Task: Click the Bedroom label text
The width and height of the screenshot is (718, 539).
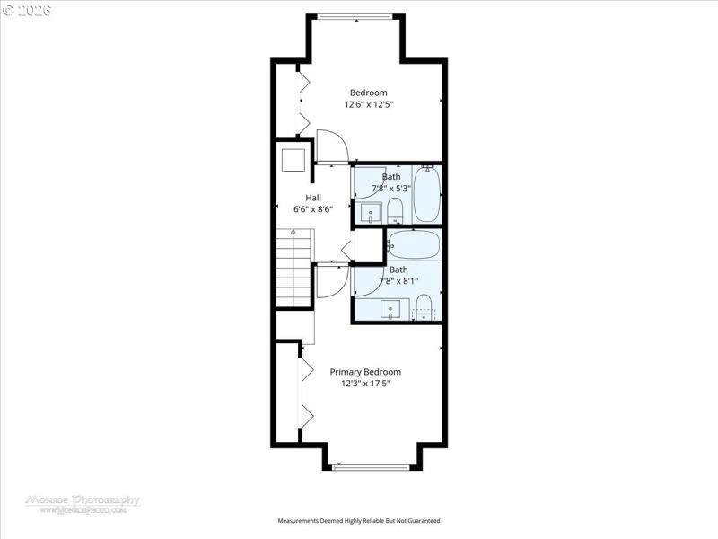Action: coord(368,93)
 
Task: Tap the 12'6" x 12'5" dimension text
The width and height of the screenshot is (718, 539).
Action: coord(368,105)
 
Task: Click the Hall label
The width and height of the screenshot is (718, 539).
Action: coord(313,198)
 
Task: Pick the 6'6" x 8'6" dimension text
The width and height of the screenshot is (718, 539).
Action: coord(313,209)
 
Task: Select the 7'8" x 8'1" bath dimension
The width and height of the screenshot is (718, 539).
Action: coord(398,280)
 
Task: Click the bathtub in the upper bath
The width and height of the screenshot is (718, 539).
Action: coord(426,194)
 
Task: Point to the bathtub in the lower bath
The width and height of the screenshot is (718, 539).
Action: coord(413,244)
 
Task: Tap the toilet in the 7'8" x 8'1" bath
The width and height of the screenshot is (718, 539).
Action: coord(425,305)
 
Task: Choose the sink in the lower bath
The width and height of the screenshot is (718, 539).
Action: coord(391,310)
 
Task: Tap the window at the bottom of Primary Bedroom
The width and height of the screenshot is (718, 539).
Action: coord(370,467)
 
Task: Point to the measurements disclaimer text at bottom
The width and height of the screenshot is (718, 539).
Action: coord(359,521)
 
